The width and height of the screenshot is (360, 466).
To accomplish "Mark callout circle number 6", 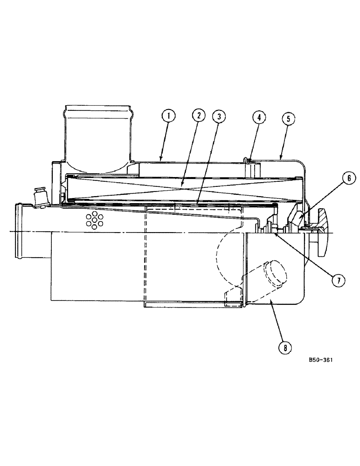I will click(x=348, y=178).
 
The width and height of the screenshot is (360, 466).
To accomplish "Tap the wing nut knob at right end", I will click(x=323, y=231).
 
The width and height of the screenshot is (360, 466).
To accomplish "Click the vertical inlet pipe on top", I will click(x=98, y=133).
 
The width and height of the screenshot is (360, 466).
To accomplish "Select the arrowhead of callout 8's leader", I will click(x=270, y=301).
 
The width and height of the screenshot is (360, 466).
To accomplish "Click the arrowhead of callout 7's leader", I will click(x=275, y=234).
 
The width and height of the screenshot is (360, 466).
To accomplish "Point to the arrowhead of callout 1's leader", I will click(x=160, y=162).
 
